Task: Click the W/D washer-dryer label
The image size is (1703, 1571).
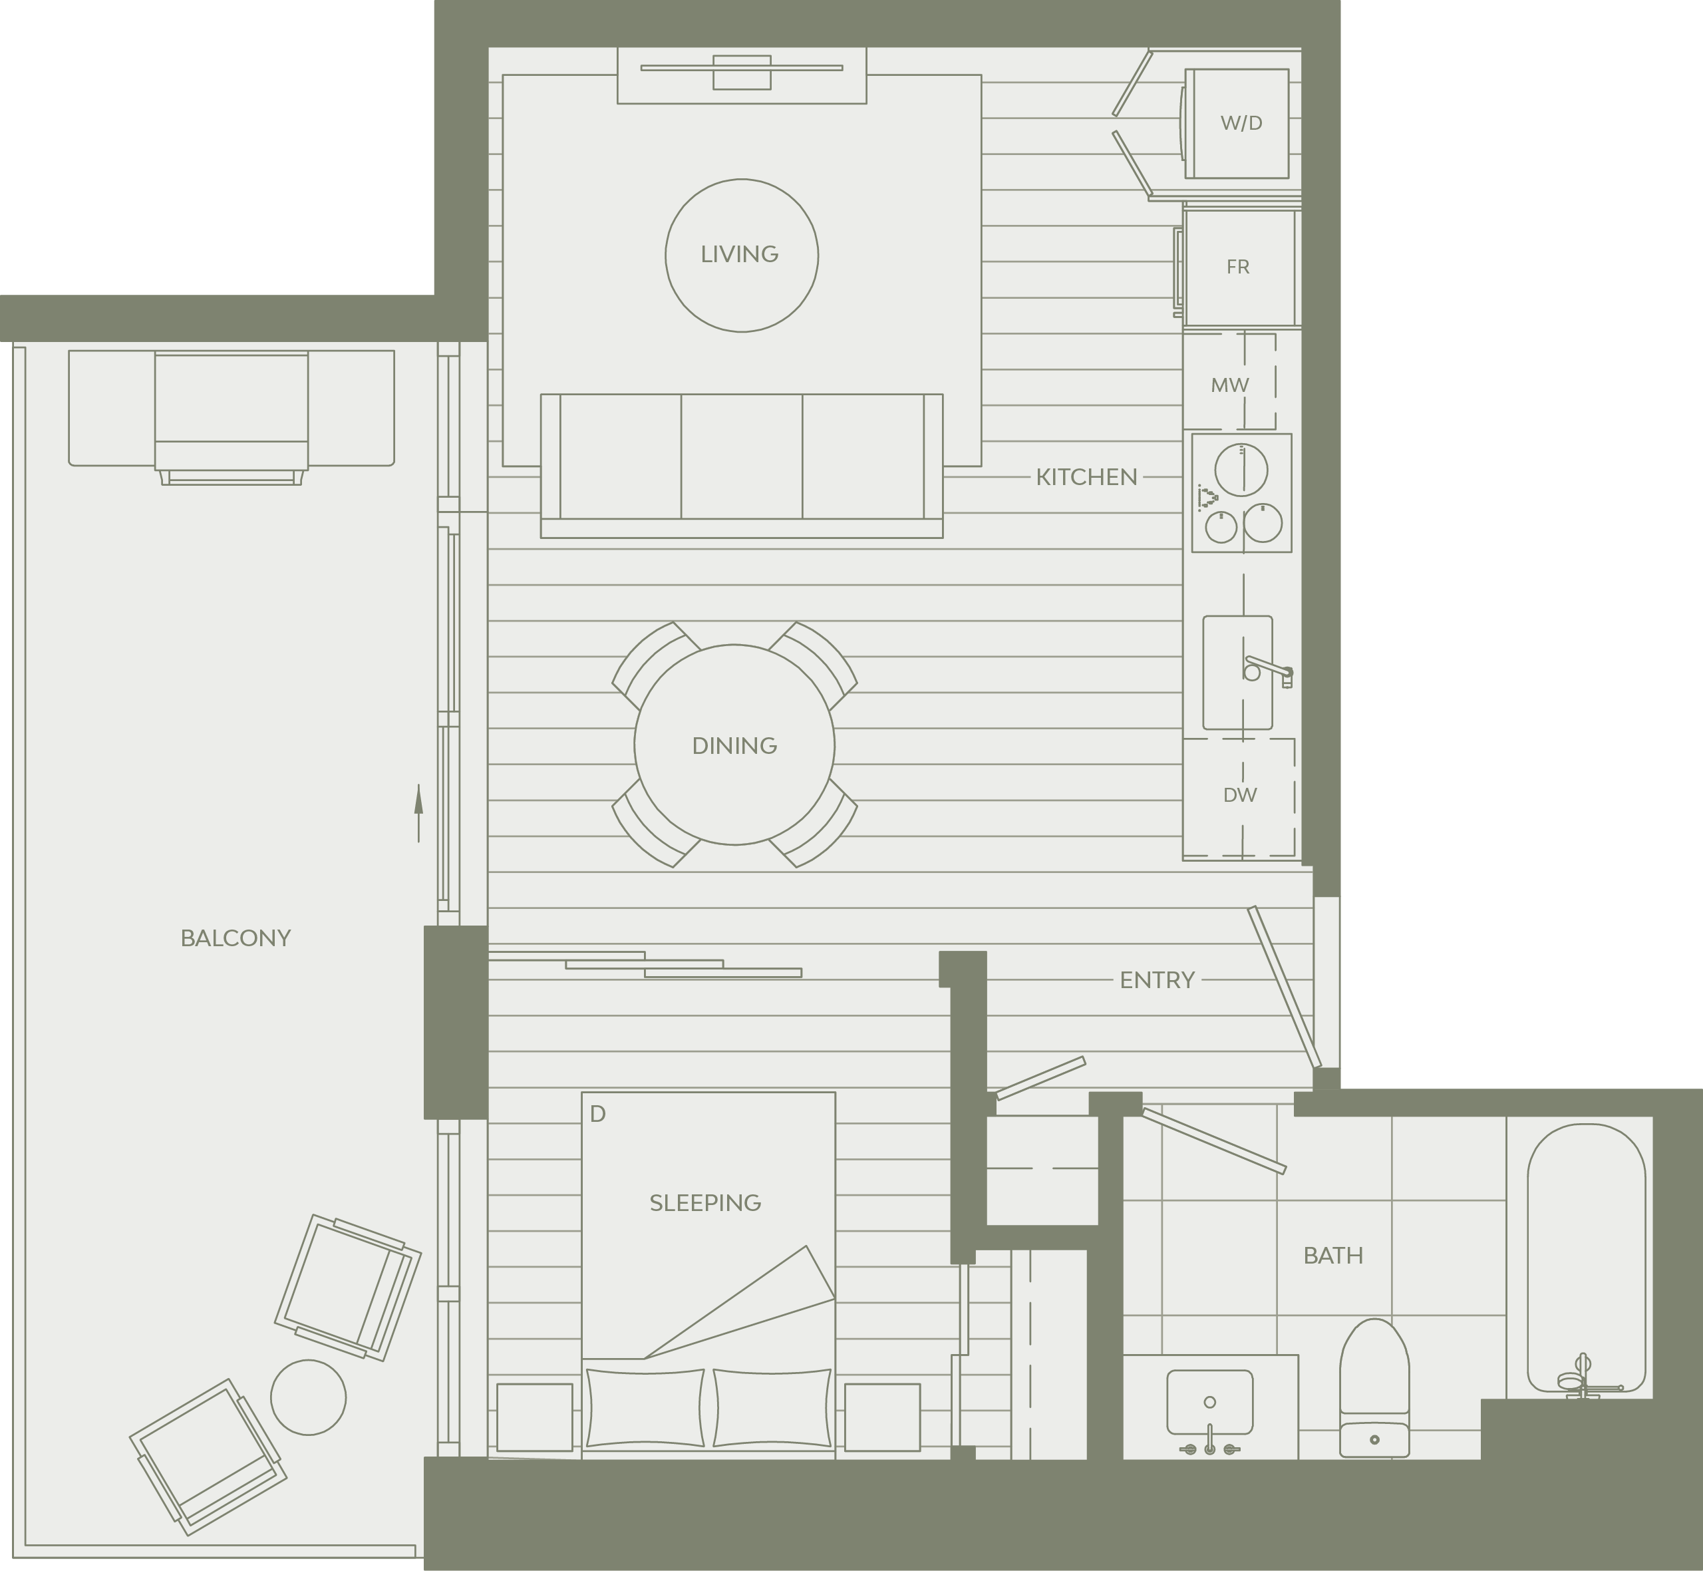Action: point(1241,123)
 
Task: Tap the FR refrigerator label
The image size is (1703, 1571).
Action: point(1237,267)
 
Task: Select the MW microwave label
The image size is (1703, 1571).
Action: point(1229,385)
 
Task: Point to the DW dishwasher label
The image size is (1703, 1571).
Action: point(1240,795)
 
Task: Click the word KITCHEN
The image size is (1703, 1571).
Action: point(1086,477)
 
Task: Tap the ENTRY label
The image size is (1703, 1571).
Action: point(1157,980)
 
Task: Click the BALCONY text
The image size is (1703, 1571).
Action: point(235,938)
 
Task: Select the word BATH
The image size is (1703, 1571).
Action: point(1332,1256)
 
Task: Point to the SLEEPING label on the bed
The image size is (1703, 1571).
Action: point(704,1203)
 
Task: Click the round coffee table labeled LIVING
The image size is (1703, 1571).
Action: point(741,255)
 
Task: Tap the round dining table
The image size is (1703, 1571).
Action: point(734,745)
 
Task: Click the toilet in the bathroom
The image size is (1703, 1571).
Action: point(1374,1388)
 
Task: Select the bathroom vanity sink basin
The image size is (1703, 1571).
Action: point(1209,1402)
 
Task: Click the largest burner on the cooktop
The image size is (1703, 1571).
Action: point(1241,469)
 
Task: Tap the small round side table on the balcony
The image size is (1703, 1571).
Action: point(309,1397)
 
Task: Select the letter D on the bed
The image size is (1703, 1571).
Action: point(597,1114)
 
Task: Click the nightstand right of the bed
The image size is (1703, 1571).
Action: point(882,1417)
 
